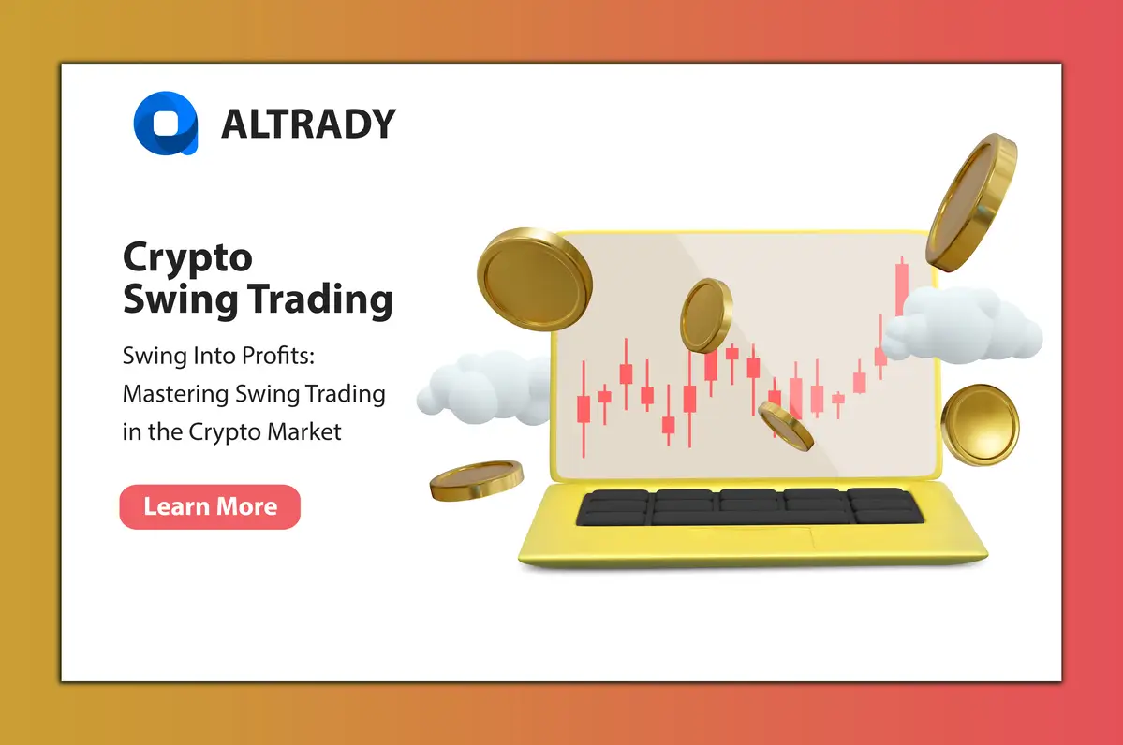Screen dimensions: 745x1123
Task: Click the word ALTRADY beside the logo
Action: click(x=308, y=124)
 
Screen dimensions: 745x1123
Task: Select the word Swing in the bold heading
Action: click(x=169, y=300)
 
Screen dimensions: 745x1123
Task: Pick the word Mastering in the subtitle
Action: click(x=178, y=394)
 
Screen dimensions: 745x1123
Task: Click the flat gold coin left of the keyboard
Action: click(x=476, y=479)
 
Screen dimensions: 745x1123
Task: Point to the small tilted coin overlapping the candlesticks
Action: click(x=786, y=426)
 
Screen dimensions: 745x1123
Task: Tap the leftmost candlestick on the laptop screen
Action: click(x=584, y=409)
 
